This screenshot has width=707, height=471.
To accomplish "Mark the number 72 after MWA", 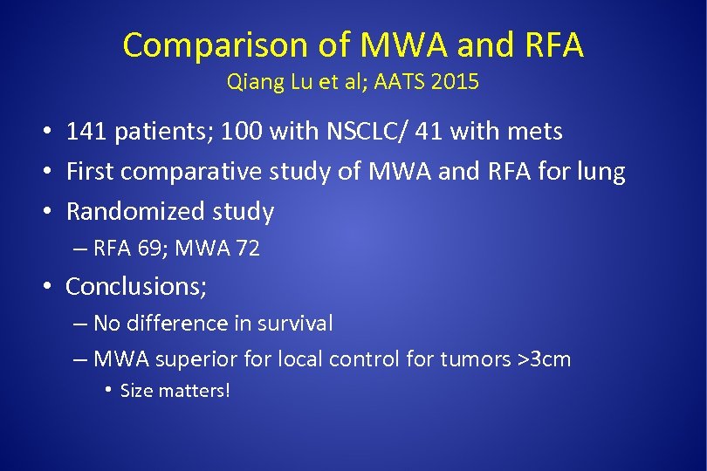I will (246, 249).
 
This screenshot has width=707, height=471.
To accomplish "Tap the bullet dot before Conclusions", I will (51, 286).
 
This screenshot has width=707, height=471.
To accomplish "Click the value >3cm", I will (544, 358).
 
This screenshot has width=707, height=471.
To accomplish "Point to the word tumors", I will (474, 358).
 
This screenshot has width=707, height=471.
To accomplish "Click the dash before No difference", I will (79, 324).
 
